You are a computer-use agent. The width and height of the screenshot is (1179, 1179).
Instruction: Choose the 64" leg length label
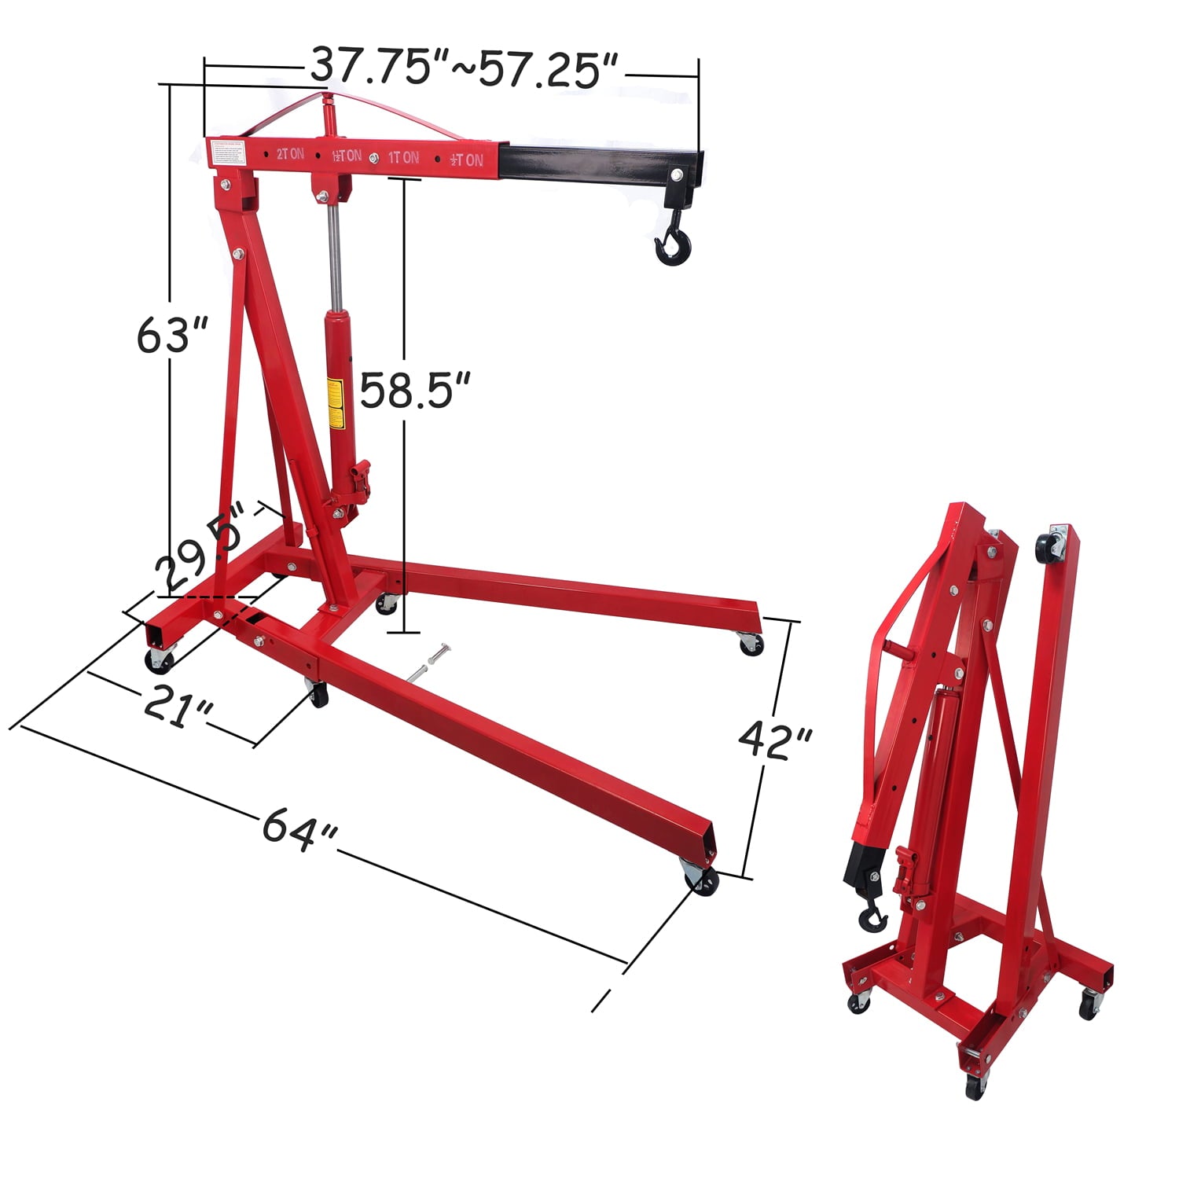[299, 826]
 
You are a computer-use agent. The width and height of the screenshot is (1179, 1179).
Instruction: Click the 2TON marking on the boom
[290, 154]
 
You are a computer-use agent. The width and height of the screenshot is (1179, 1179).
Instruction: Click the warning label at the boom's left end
[229, 152]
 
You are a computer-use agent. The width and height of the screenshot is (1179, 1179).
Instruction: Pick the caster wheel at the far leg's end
[751, 645]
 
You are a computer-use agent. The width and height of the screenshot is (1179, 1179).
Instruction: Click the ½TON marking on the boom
[466, 160]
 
